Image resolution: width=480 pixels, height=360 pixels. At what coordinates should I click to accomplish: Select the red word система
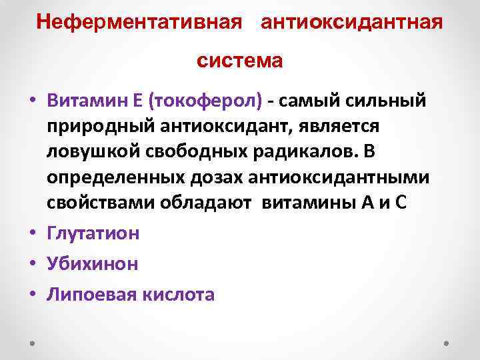pyautogui.click(x=240, y=61)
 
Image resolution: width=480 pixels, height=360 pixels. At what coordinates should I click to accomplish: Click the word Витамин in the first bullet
pyautogui.click(x=83, y=101)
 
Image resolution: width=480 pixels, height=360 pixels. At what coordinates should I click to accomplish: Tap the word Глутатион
pyautogui.click(x=93, y=233)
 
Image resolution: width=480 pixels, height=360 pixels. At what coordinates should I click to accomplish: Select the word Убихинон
pyautogui.click(x=93, y=263)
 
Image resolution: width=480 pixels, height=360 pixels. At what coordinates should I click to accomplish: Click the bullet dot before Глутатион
pyautogui.click(x=33, y=233)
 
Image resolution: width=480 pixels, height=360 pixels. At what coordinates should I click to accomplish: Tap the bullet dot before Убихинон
pyautogui.click(x=33, y=264)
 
